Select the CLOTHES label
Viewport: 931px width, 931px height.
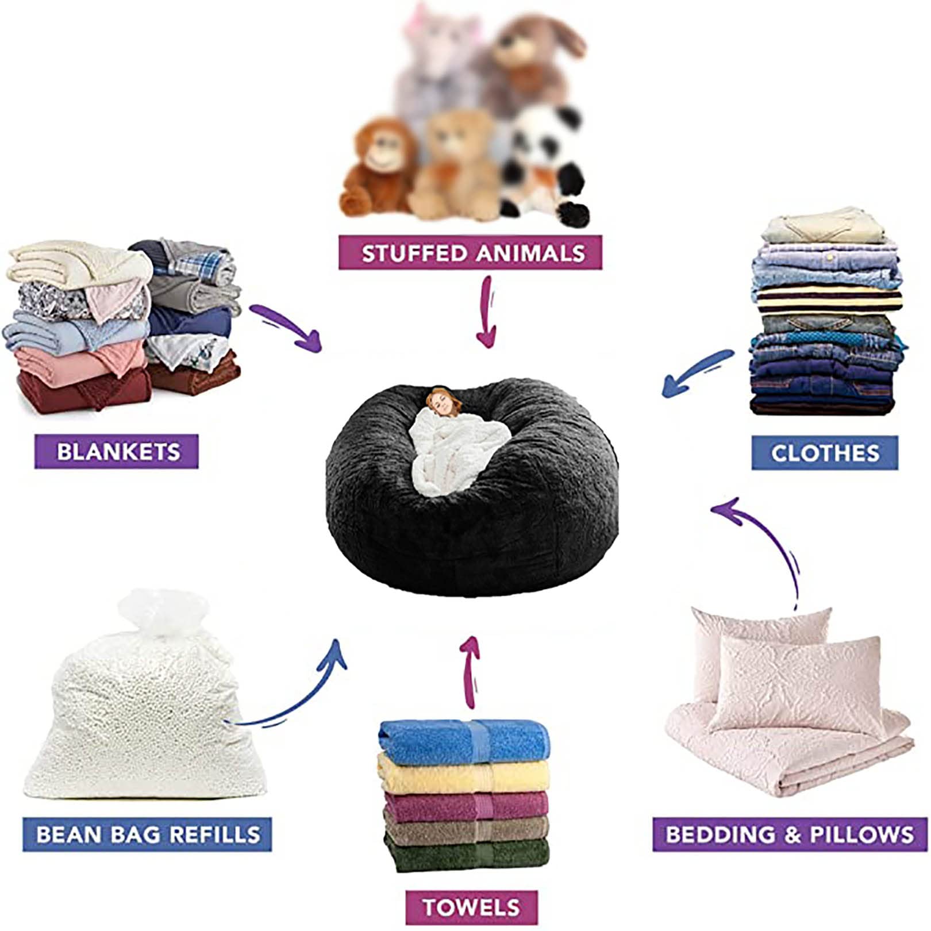[x=825, y=453]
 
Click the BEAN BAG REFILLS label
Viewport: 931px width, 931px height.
[x=147, y=834]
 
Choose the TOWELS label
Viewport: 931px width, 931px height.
[x=471, y=907]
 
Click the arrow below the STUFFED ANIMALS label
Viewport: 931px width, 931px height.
[x=488, y=311]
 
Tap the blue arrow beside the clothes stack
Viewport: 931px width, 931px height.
[x=697, y=374]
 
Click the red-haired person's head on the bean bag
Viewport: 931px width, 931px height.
[x=444, y=401]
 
